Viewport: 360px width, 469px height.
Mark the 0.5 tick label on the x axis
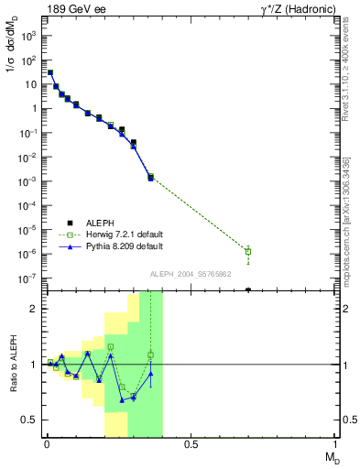[191, 445]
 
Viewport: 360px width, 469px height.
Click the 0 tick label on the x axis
[46, 445]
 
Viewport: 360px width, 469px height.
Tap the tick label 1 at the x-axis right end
[335, 445]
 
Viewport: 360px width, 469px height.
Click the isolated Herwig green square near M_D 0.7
[248, 251]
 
